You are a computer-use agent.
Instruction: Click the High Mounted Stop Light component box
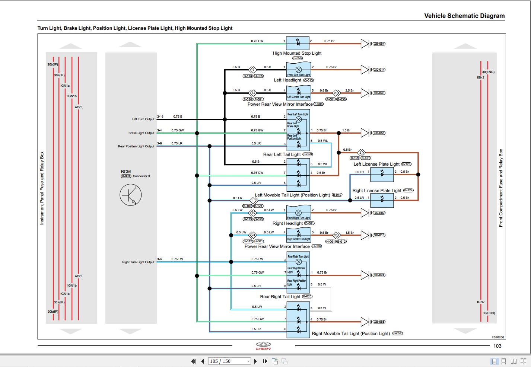click(298, 43)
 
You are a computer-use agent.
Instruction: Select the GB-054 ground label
click(379, 44)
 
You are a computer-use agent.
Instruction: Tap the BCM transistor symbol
click(130, 195)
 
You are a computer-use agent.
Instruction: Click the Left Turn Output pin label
click(143, 119)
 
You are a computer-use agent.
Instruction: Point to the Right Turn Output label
click(138, 262)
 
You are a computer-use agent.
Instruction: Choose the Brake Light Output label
click(141, 133)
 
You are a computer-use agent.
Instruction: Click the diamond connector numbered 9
click(253, 70)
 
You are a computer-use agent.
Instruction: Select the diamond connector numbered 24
click(253, 235)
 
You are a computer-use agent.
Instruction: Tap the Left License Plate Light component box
click(382, 174)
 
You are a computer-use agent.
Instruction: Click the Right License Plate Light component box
click(382, 201)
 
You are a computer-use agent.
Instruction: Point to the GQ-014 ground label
click(379, 70)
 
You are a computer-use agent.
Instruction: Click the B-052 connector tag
click(397, 334)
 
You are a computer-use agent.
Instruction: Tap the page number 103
click(497, 346)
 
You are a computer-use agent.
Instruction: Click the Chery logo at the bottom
click(263, 346)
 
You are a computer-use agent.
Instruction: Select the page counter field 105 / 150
click(229, 361)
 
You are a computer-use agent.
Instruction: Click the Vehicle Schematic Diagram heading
click(464, 16)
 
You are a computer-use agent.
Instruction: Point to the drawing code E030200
click(497, 337)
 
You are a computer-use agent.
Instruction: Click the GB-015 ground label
click(379, 235)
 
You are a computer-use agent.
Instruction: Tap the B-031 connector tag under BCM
click(126, 176)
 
